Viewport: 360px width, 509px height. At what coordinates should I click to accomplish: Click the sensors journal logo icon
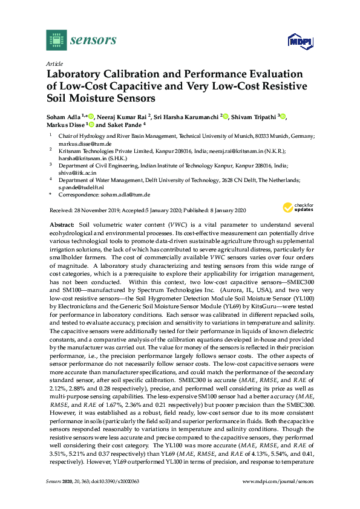(x=56, y=40)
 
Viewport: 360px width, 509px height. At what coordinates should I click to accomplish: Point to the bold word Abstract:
(x=62, y=224)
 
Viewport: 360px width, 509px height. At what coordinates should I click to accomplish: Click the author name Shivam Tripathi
(x=254, y=116)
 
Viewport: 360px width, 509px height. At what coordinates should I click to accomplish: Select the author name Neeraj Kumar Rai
(x=122, y=116)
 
